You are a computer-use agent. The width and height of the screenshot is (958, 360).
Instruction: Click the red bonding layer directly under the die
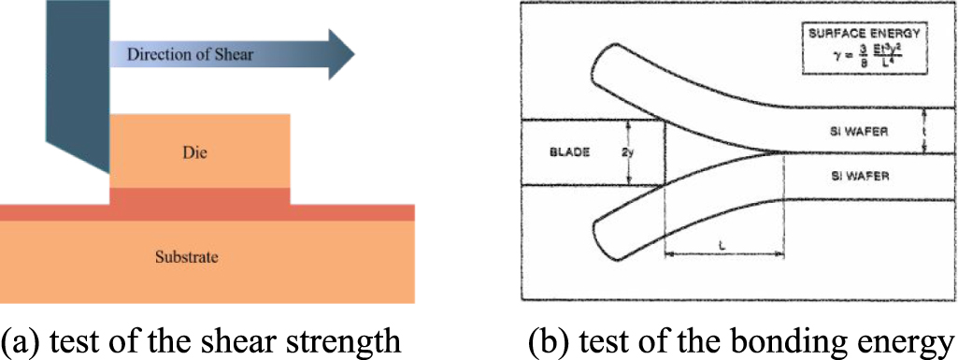[199, 195]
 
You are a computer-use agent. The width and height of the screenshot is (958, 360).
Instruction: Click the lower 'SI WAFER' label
[848, 174]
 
